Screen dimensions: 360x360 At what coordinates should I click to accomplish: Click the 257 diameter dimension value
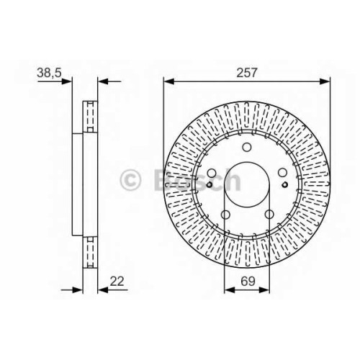[x=247, y=73]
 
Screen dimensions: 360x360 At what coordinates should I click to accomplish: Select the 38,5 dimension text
[x=50, y=73]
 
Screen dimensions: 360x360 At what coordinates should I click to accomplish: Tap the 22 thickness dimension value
[x=117, y=282]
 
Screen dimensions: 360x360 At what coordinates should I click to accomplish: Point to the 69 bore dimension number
[x=248, y=282]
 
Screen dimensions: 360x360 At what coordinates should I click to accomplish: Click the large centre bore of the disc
[x=247, y=184]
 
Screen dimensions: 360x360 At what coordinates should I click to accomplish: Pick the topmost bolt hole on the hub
[x=247, y=147]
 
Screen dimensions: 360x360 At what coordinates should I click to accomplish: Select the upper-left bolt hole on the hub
[x=212, y=173]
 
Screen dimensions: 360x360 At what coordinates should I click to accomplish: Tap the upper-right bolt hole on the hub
[x=282, y=173]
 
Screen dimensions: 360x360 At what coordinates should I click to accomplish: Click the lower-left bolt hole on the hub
[x=225, y=214]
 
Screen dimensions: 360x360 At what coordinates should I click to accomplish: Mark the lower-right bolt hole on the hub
[x=269, y=214]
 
